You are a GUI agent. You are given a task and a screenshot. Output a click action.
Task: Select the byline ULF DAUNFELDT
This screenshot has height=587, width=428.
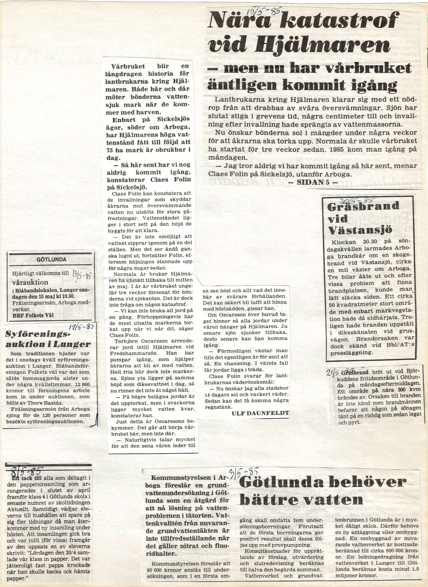260,413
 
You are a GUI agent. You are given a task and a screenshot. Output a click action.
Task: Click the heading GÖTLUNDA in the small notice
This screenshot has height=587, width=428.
51,260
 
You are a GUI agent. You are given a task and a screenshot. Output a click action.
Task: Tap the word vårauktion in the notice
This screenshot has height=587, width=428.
30,282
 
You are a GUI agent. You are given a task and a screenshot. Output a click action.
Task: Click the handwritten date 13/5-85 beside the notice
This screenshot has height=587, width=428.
83,274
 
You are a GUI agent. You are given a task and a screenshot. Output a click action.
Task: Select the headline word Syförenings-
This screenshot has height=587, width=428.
35,334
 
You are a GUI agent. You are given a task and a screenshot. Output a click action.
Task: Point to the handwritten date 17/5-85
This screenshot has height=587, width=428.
81,327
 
